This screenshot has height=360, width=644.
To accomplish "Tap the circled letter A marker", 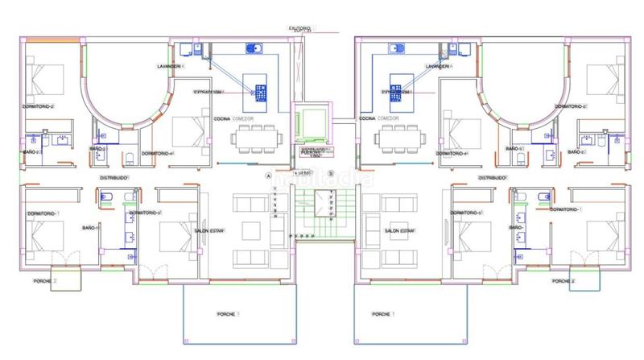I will pyautogui.click(x=269, y=174).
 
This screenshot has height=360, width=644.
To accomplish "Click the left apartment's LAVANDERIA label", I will pyautogui.click(x=171, y=65).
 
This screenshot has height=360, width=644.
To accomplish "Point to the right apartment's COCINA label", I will pyautogui.click(x=369, y=118).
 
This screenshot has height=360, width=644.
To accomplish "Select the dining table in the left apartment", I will pyautogui.click(x=254, y=138).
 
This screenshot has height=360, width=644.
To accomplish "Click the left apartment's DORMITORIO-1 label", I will pyautogui.click(x=43, y=213).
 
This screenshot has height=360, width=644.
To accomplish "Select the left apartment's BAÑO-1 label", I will pyautogui.click(x=90, y=228).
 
